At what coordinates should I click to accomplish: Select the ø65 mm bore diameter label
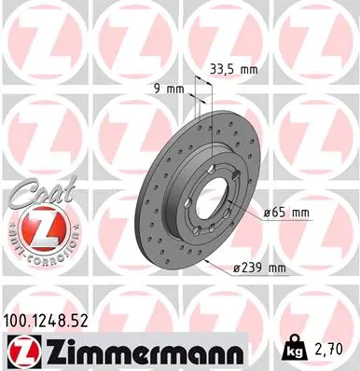pyautogui.click(x=286, y=212)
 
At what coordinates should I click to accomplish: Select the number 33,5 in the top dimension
pyautogui.click(x=224, y=67)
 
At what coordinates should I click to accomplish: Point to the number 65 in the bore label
pyautogui.click(x=279, y=212)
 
